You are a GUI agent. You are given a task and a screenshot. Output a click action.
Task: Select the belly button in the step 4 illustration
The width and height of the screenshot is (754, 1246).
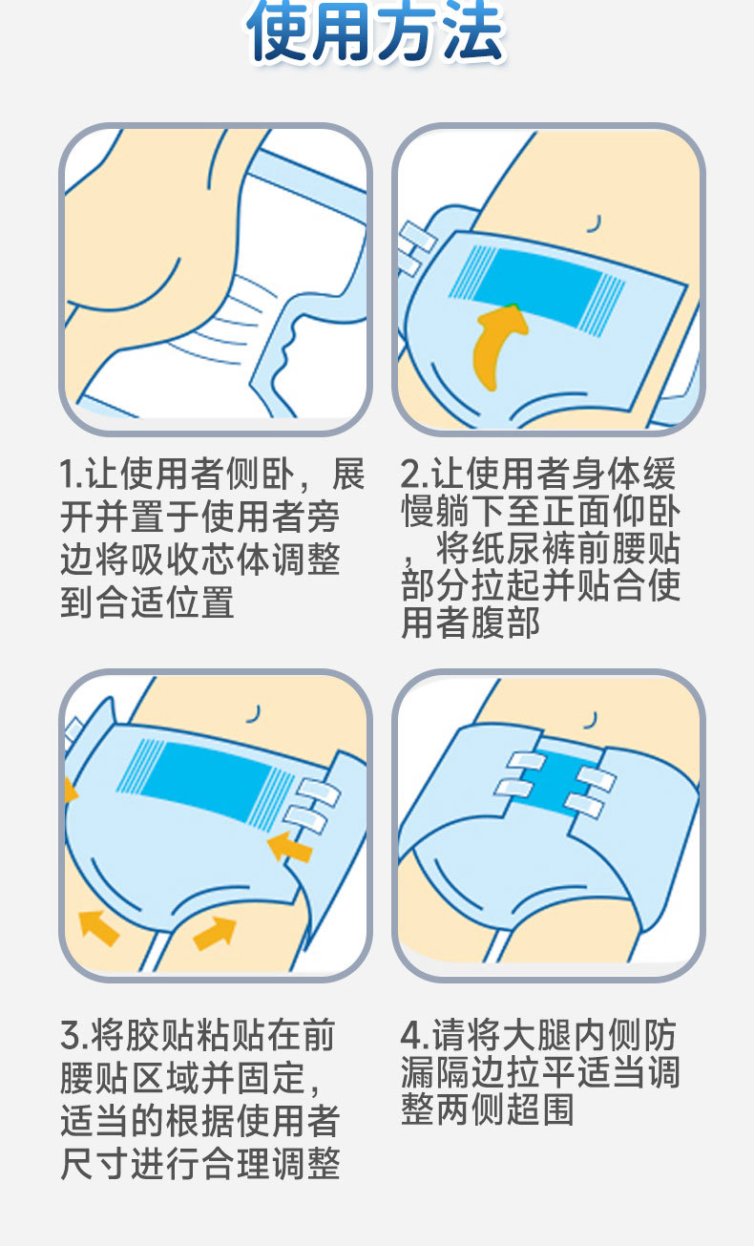click(593, 719)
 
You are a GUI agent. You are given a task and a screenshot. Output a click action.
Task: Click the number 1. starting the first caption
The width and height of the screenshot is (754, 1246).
click(72, 475)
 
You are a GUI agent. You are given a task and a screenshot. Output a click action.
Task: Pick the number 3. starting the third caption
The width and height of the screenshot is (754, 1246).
click(73, 1035)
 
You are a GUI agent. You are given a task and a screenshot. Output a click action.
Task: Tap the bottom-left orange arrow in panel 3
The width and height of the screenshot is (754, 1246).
click(99, 928)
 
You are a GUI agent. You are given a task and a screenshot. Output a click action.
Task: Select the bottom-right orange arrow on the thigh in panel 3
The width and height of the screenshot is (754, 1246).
click(215, 933)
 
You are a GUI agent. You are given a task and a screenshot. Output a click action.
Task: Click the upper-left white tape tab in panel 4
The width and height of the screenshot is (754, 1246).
click(527, 760)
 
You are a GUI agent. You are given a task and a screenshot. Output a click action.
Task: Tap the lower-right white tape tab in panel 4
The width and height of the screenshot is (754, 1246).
click(584, 806)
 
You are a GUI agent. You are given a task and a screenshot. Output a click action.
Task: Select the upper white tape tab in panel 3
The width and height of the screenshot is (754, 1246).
click(319, 792)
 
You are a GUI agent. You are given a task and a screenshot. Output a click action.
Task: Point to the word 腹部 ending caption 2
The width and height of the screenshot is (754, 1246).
click(505, 623)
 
